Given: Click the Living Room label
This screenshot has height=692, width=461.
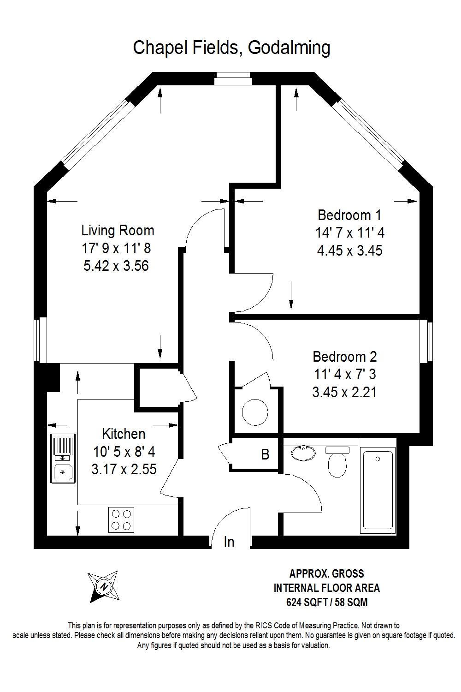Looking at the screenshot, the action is [118, 231].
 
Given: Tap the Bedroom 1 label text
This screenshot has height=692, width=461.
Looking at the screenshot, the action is [349, 215].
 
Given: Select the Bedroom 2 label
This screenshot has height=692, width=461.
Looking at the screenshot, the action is [344, 357].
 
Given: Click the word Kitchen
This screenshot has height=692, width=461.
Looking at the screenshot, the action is [124, 434].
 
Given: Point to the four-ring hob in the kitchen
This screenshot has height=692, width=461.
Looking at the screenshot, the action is [121, 519].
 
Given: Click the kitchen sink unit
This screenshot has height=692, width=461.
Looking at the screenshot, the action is [63, 458].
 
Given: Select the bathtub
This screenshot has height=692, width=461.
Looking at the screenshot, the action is [378, 490].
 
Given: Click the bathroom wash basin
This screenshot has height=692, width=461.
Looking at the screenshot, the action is [303, 453].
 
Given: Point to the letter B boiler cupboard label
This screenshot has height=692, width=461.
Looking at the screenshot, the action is [265, 454].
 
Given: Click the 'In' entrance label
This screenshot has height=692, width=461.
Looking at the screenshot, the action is [229, 542].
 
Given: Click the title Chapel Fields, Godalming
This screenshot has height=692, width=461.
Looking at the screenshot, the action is [231, 48].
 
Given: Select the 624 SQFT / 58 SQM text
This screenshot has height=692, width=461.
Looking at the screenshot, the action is [327, 602].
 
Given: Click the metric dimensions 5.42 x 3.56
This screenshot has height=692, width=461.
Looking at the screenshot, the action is [116, 266].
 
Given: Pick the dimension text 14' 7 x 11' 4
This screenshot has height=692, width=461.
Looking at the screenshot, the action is [350, 233].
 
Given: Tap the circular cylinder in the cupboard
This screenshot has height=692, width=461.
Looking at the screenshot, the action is [255, 412].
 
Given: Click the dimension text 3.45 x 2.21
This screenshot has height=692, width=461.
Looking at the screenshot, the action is [344, 392].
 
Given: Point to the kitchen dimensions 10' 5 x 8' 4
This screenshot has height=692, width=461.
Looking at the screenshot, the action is [124, 452].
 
